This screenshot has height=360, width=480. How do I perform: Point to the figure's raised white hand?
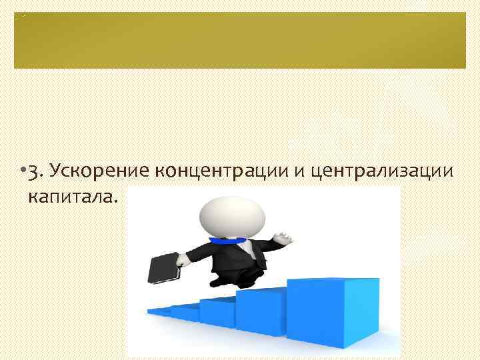click(283, 237)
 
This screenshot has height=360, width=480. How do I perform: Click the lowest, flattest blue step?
click(160, 311)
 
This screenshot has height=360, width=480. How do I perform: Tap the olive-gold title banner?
click(240, 40)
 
